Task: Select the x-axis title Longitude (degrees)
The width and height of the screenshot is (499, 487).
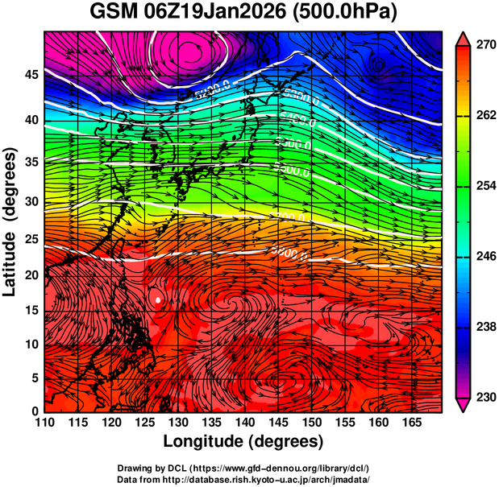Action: (243, 441)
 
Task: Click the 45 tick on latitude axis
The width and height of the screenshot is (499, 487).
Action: (30, 75)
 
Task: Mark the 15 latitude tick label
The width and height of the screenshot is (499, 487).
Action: (30, 310)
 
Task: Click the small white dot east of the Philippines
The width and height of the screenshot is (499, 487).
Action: (159, 299)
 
